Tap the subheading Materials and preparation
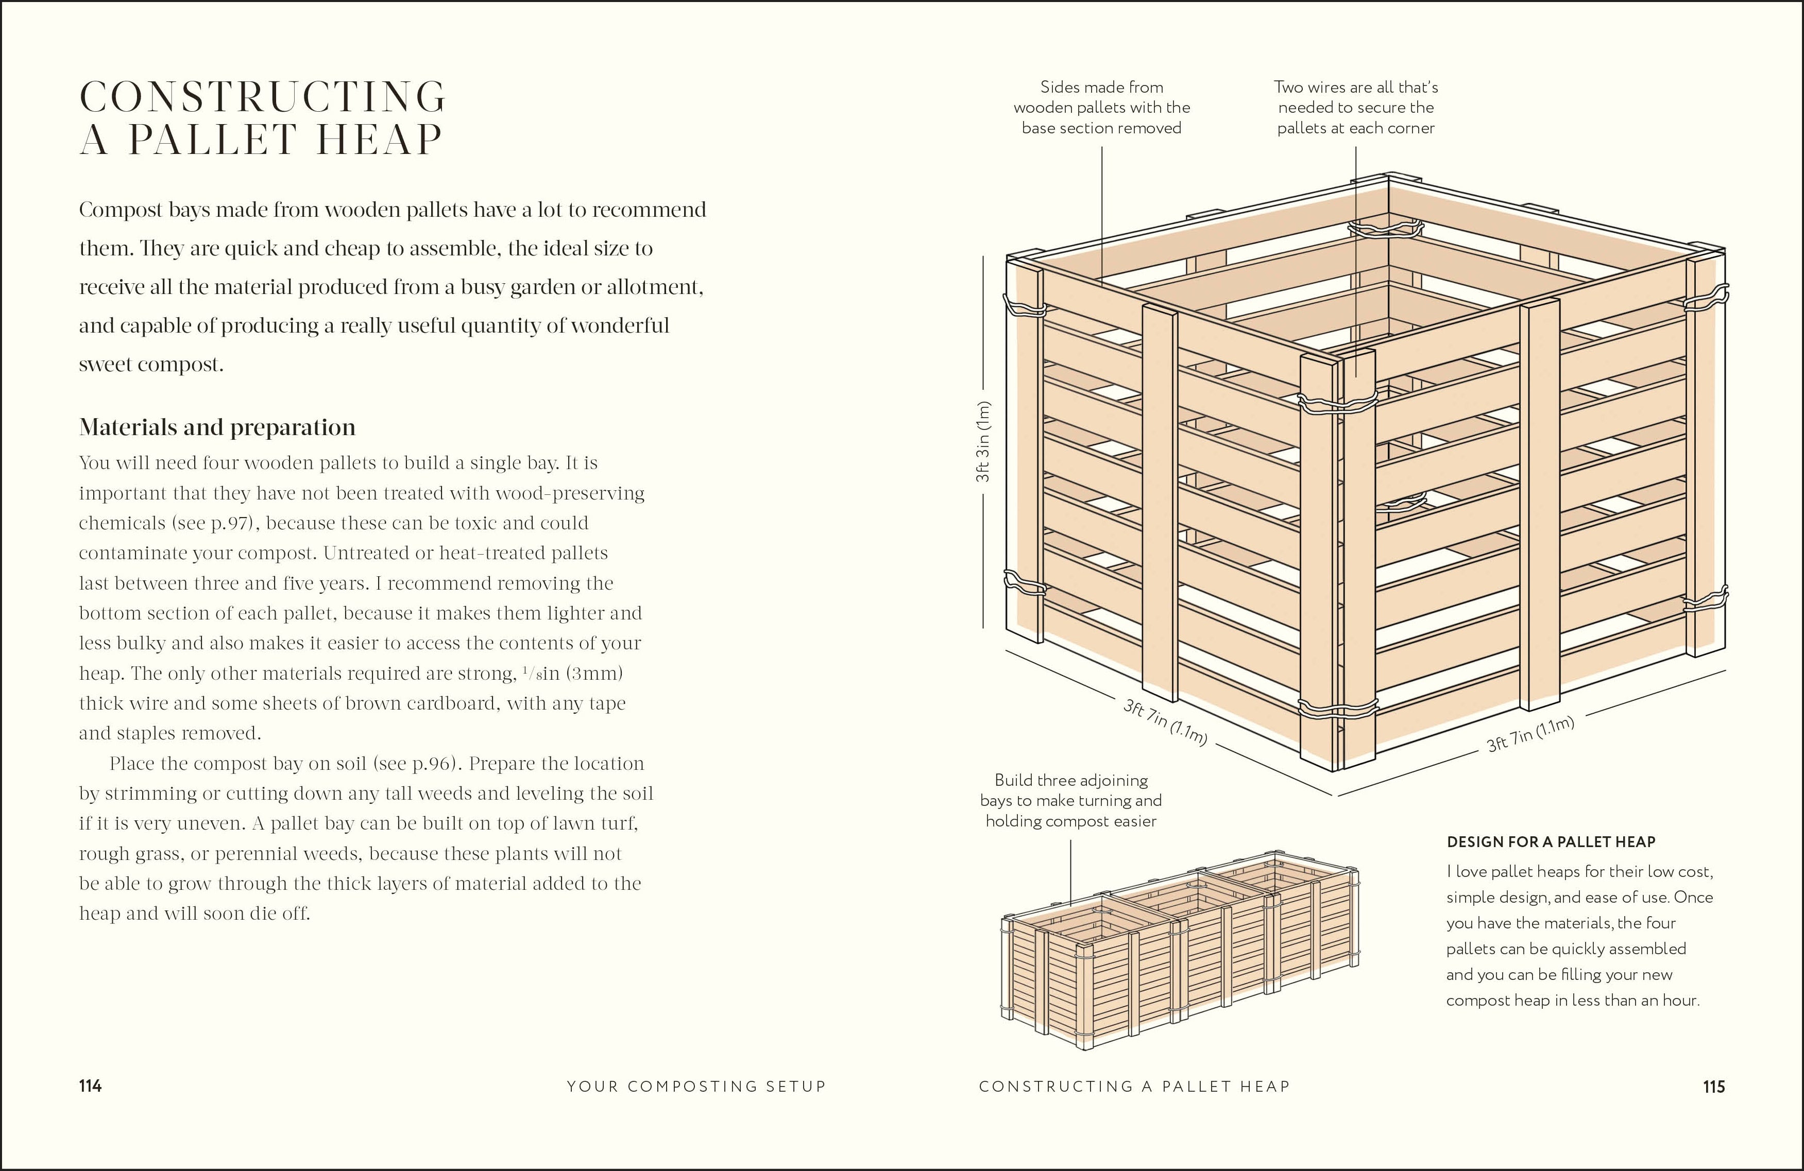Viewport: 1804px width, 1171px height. [x=217, y=427]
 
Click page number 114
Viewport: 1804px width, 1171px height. [x=90, y=1086]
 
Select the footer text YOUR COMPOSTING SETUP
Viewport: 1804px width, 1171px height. [x=696, y=1086]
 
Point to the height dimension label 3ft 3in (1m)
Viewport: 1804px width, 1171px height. [x=983, y=442]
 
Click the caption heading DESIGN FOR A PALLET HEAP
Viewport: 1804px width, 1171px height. [x=1551, y=841]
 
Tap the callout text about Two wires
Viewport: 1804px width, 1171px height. [x=1355, y=108]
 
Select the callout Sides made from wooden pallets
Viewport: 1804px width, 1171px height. [x=1101, y=108]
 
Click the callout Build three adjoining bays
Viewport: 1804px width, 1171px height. [x=1070, y=800]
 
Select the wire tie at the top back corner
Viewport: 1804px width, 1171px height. [x=1386, y=228]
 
